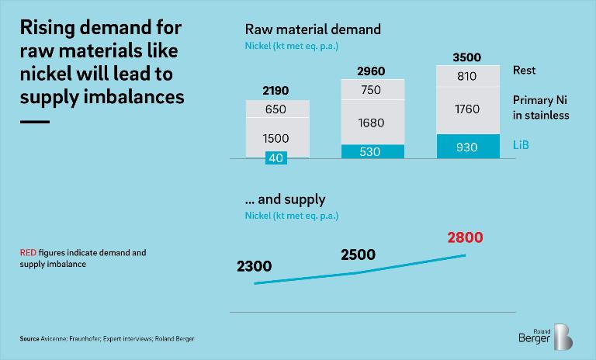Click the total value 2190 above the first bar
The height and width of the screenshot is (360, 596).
pos(276,91)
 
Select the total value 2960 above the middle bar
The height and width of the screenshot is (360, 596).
pos(371,72)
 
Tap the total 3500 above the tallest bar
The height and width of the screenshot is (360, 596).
pos(466,57)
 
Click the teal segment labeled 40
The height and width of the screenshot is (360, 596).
pos(276,157)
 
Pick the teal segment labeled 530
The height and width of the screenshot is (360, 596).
pos(371,151)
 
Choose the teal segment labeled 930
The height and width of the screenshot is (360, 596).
pos(466,146)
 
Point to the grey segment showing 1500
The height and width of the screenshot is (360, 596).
pos(276,137)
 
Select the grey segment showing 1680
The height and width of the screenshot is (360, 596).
pos(371,123)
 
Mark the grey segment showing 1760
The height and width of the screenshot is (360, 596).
pos(466,109)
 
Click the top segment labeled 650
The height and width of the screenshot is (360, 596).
pos(276,109)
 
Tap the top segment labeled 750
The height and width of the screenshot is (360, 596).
pos(371,90)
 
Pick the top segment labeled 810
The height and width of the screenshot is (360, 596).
pos(466,77)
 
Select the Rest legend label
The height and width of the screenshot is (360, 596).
pos(525,71)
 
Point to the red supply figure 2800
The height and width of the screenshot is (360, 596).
pos(466,237)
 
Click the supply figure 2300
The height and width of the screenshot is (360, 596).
pos(254,267)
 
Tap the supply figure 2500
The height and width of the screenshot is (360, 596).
pos(358,254)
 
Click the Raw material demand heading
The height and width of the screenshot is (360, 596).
pos(313,29)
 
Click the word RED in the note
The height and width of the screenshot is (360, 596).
pos(28,253)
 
